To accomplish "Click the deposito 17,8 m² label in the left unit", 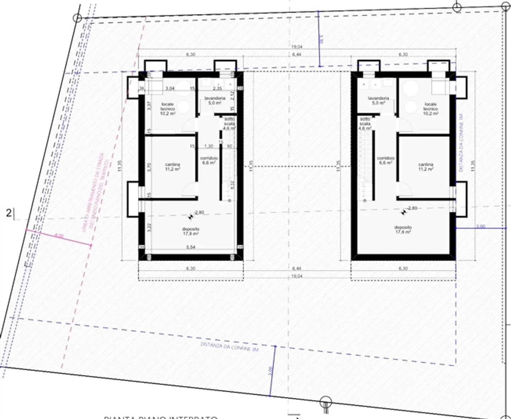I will (x=191, y=231).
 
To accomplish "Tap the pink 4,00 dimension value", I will (x=59, y=235).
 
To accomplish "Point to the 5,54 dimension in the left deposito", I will (x=191, y=247).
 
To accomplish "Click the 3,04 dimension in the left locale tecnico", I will (x=170, y=88).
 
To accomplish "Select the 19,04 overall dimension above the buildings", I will (x=297, y=47).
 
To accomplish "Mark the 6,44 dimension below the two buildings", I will (x=297, y=268).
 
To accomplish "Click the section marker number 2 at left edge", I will (x=9, y=213).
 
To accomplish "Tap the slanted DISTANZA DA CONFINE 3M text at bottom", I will (x=230, y=347).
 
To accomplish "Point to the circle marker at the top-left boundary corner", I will (x=77, y=18).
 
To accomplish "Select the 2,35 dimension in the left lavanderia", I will (x=217, y=88).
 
